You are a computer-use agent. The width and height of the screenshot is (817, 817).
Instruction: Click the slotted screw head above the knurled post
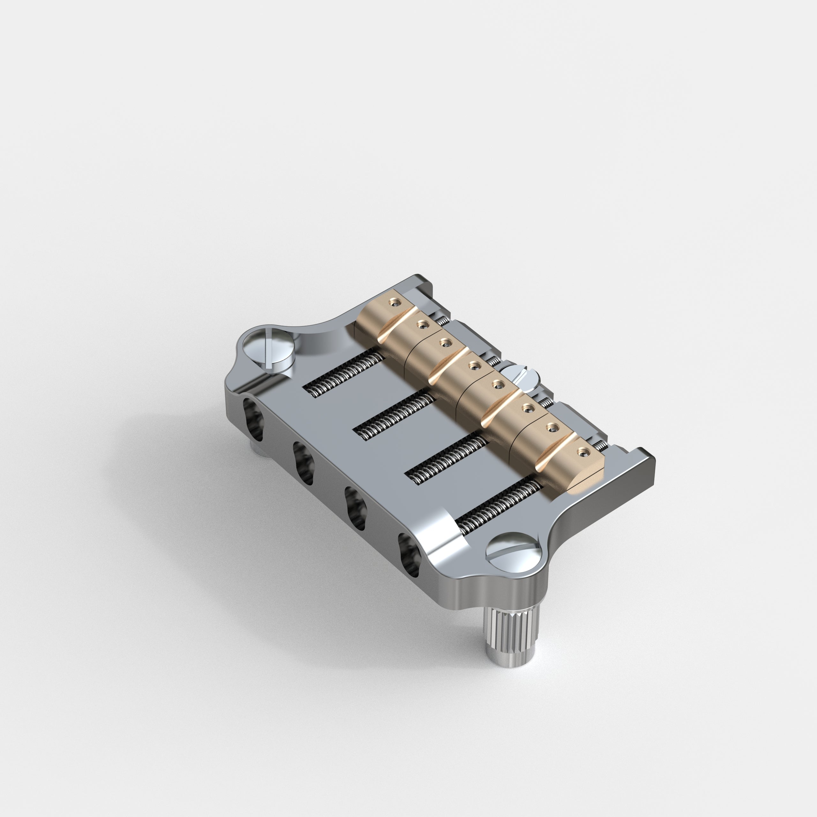(513, 553)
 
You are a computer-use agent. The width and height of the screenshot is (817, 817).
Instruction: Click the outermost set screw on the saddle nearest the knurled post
(583, 452)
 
